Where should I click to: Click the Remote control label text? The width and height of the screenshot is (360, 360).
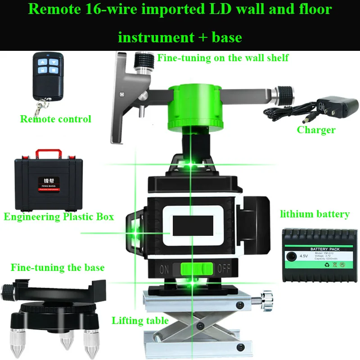pos(55,119)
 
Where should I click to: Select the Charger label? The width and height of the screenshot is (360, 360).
pos(316,130)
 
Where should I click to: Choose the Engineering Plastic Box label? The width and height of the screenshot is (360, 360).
pos(58,216)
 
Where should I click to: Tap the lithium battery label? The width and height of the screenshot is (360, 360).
pos(315,214)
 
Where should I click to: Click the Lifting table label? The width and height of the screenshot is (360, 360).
pos(140,321)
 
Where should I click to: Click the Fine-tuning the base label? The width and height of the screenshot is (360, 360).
pos(58,268)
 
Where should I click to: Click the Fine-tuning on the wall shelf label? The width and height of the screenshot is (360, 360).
pos(223,58)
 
